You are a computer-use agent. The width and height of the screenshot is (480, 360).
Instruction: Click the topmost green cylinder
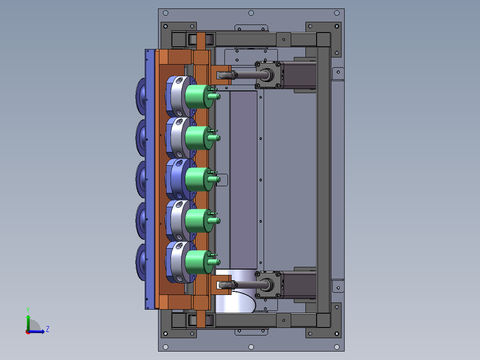coord(199,97)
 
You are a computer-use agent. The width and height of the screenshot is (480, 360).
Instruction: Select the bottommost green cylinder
coord(199,262)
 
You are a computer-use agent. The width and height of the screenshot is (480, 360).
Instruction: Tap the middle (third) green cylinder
coord(199,179)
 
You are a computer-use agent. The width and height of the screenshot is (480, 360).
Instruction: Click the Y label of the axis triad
coord(28,310)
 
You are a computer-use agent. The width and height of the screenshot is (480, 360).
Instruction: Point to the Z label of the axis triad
coord(48,329)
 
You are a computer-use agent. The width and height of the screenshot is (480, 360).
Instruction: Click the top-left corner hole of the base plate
coord(166,13)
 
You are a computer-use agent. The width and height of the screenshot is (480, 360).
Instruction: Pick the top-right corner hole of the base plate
coord(337,13)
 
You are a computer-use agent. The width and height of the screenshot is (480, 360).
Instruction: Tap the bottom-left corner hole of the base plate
coord(166,347)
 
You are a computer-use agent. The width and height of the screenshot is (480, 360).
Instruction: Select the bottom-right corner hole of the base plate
coord(337,347)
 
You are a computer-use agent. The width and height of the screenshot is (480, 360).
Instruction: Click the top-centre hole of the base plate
coord(251,13)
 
